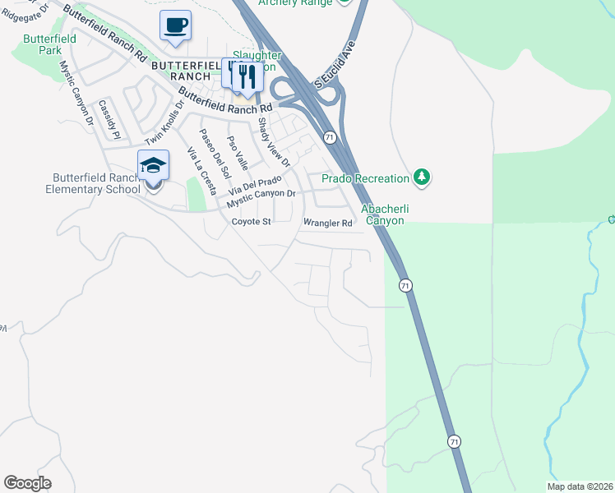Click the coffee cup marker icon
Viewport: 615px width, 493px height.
point(175,25)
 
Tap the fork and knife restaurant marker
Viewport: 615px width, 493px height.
point(247,76)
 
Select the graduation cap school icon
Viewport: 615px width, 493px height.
point(153,166)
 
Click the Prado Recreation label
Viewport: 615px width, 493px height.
point(365,178)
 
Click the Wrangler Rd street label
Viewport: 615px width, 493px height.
point(328,223)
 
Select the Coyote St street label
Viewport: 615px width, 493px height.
point(251,222)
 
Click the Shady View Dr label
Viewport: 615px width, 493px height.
point(275,141)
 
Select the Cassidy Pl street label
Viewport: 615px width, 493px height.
point(109,118)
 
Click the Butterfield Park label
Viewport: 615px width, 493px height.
point(50,44)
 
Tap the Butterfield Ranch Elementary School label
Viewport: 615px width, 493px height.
point(96,183)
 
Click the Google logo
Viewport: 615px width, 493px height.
point(27,483)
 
